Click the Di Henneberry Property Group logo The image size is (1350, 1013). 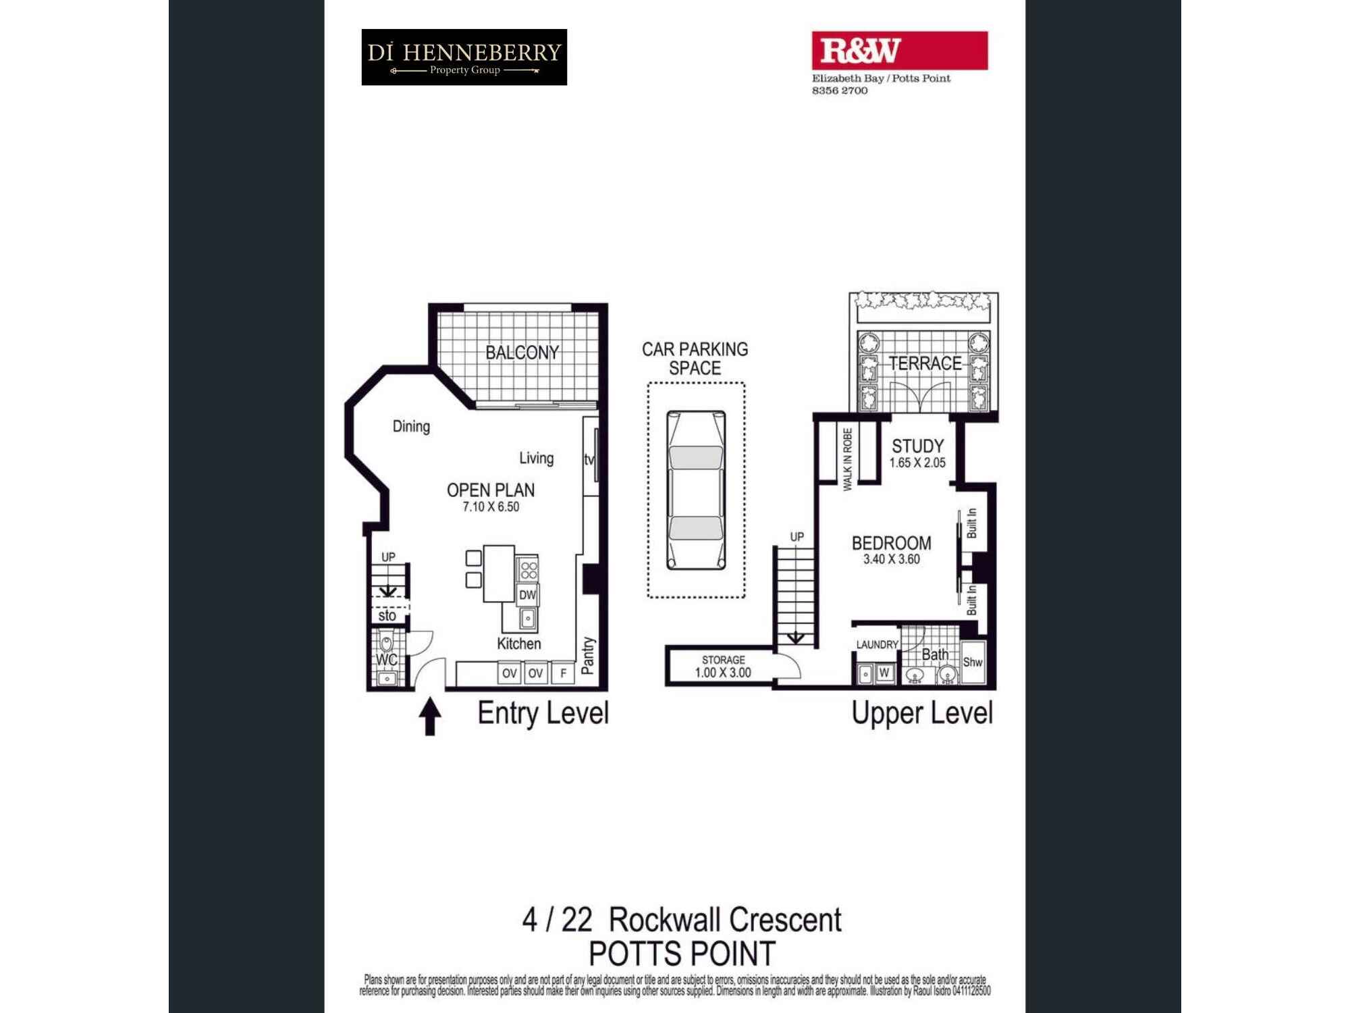coord(464,57)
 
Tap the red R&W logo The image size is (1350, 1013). coord(899,51)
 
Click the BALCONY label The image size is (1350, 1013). coord(522,353)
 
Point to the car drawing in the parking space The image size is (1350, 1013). coord(696,490)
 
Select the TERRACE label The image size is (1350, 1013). coord(925,363)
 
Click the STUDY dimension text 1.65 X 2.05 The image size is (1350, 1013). coord(917,463)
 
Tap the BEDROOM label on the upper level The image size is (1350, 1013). coord(891,543)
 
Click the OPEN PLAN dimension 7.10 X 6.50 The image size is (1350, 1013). coord(491,507)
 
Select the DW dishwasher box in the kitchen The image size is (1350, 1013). coord(527,595)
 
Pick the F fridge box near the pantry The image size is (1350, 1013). coord(563,673)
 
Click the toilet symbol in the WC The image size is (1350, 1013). coord(386,643)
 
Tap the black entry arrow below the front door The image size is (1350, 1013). coord(430,716)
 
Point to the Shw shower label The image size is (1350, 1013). coord(972,663)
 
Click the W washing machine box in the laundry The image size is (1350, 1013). coord(884,673)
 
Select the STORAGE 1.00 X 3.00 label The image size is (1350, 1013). coord(723,667)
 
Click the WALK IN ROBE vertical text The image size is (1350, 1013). coord(848,459)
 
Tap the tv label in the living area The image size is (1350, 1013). coord(589,460)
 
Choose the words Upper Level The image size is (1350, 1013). coord(921,713)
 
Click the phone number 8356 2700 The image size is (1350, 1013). coord(840,90)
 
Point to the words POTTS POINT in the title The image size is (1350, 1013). coord(682,954)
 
